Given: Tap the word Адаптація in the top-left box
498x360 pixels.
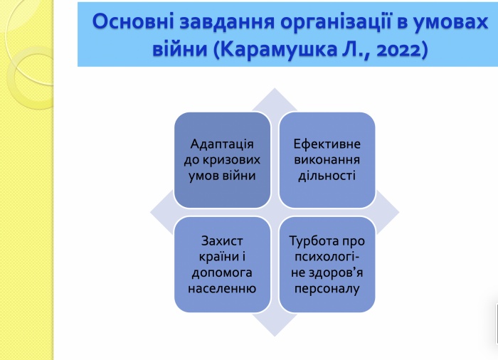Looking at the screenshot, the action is click(x=222, y=145).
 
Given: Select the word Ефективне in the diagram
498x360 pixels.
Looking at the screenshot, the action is click(x=327, y=144).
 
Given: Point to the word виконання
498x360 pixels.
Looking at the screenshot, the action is click(x=327, y=159).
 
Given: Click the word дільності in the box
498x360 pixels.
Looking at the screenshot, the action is click(x=327, y=176).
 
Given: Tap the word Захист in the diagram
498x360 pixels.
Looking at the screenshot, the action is click(x=222, y=241).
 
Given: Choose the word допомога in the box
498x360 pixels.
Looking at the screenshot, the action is click(x=222, y=273).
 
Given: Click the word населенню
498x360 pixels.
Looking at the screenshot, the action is click(x=222, y=289).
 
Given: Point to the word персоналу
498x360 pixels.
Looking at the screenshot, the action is click(x=327, y=289).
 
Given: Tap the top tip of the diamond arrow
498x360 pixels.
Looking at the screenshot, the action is click(x=275, y=88).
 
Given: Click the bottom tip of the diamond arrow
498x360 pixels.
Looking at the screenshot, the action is click(x=275, y=337).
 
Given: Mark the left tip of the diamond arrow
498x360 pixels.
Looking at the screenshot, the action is click(x=151, y=212).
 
